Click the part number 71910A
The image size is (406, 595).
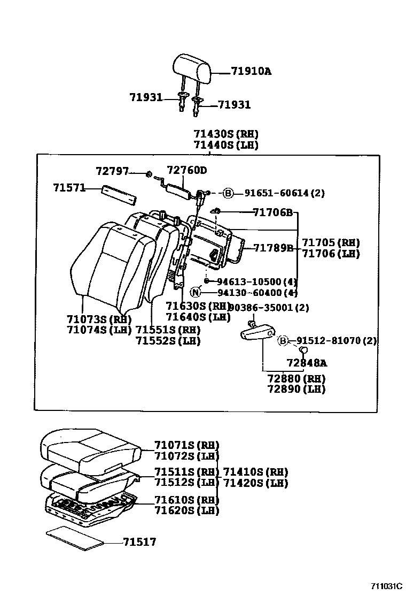[x=251, y=71]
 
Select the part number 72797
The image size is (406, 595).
[x=112, y=171]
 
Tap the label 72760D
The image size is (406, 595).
[x=186, y=171]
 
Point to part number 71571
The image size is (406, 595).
[x=69, y=188]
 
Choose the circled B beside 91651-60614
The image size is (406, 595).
[x=228, y=193]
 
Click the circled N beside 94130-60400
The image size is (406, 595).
[x=196, y=292]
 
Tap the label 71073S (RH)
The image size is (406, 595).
[x=99, y=319]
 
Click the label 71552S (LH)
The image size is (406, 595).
[x=167, y=340]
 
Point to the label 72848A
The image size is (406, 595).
[x=307, y=363]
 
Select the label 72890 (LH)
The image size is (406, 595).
[x=296, y=389]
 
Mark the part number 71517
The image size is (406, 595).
[x=139, y=542]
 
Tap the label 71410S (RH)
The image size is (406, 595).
[x=255, y=472]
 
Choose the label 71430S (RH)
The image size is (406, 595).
[x=226, y=134]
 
